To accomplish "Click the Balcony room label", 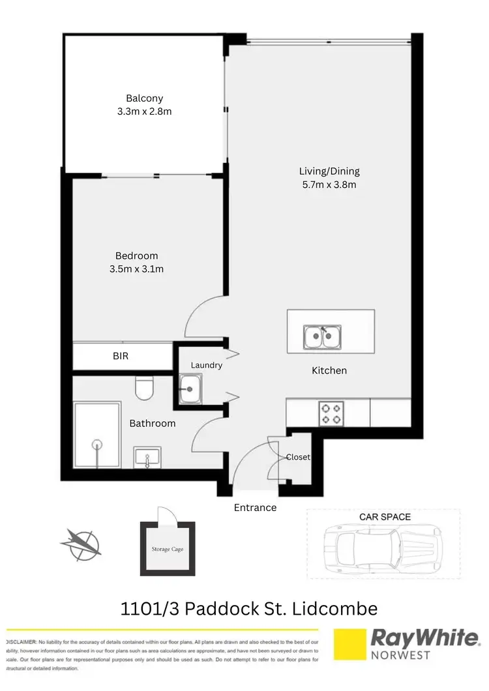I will tap(145, 98).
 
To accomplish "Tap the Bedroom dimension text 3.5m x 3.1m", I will tap(136, 269).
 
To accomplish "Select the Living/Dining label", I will tap(329, 171).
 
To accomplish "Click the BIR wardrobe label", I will tap(121, 357).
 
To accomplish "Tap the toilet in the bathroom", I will tap(143, 389).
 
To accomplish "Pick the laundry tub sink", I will tap(189, 390).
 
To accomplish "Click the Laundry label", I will tap(207, 365).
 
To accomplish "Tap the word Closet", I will tap(298, 457).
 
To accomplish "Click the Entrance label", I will tap(255, 507).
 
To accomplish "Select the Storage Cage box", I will tap(168, 549).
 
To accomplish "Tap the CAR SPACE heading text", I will tap(385, 516).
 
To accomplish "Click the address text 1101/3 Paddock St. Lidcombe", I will tap(249, 609).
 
